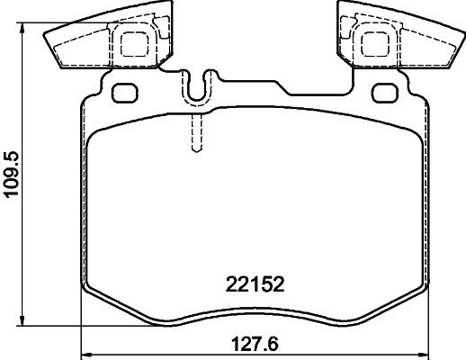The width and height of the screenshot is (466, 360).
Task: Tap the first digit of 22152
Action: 229,284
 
